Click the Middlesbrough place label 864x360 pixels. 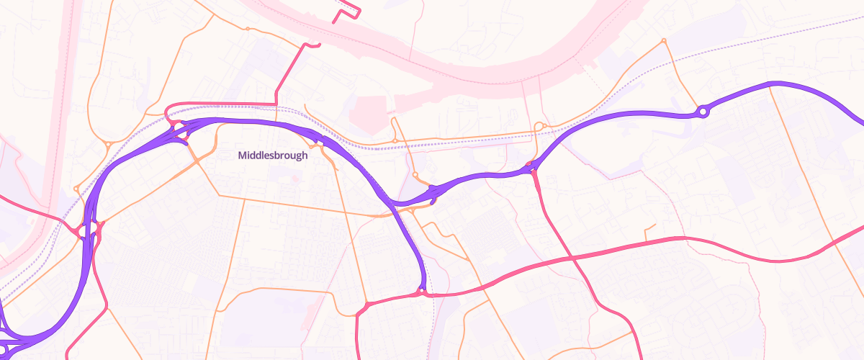tap(273, 156)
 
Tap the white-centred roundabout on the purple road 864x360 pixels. tap(703, 112)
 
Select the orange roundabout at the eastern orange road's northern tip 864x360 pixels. tap(664, 40)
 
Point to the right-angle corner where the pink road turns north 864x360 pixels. tap(276, 104)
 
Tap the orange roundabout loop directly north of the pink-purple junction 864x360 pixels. tap(539, 127)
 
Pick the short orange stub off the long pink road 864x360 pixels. tap(648, 232)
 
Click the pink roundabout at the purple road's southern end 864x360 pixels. tap(421, 292)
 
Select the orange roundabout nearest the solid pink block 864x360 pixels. tap(395, 140)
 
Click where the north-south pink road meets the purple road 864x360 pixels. tap(531, 170)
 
